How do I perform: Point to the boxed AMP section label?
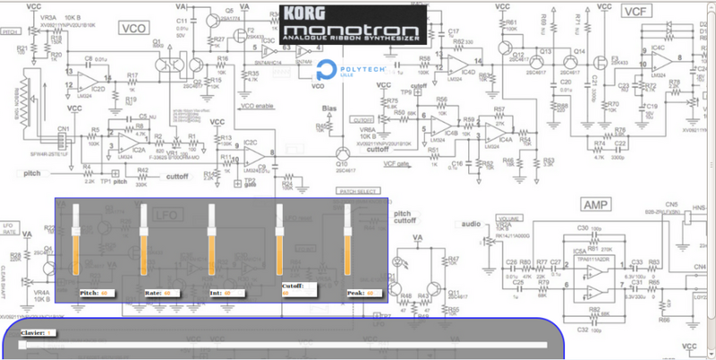pyautogui.click(x=595, y=205)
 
